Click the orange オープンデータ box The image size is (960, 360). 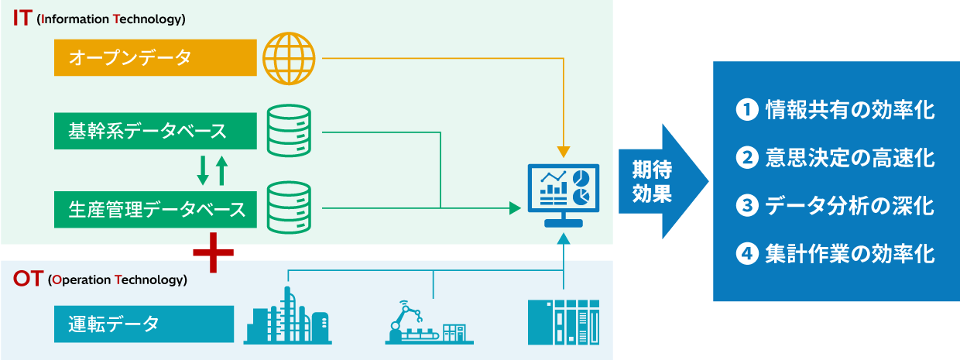pos(155,57)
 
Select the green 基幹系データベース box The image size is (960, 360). pos(155,132)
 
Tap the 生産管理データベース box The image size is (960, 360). pos(155,208)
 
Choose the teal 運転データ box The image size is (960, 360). pos(144,324)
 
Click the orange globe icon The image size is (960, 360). pos(290,58)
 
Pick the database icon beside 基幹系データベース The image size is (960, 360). pos(289,132)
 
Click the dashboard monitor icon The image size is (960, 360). pos(563,194)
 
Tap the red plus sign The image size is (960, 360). pos(213,252)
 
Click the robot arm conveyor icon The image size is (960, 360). pos(429,322)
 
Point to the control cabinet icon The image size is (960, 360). pos(563,321)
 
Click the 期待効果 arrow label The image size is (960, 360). pos(652,181)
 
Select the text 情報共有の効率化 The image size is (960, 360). pos(849,110)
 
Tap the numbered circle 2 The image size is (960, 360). pos(746,158)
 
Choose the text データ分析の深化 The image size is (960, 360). pos(849,206)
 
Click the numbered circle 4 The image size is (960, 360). pos(746,253)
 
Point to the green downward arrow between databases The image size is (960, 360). pos(203,170)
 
